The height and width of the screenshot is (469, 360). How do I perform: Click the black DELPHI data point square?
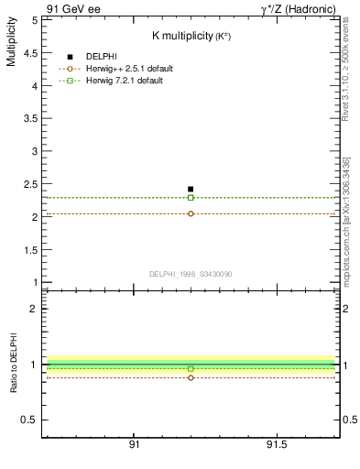pyautogui.click(x=191, y=189)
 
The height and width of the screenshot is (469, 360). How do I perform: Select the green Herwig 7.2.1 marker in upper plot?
pyautogui.click(x=191, y=197)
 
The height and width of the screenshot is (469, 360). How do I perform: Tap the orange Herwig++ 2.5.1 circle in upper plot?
pyautogui.click(x=191, y=213)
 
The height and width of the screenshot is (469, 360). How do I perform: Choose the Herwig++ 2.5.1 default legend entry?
pyautogui.click(x=128, y=69)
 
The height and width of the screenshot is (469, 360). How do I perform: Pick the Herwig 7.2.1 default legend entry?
pyautogui.click(x=125, y=81)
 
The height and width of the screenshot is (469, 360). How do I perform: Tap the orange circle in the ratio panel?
pyautogui.click(x=191, y=377)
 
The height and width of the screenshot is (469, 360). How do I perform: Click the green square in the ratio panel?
pyautogui.click(x=191, y=368)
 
